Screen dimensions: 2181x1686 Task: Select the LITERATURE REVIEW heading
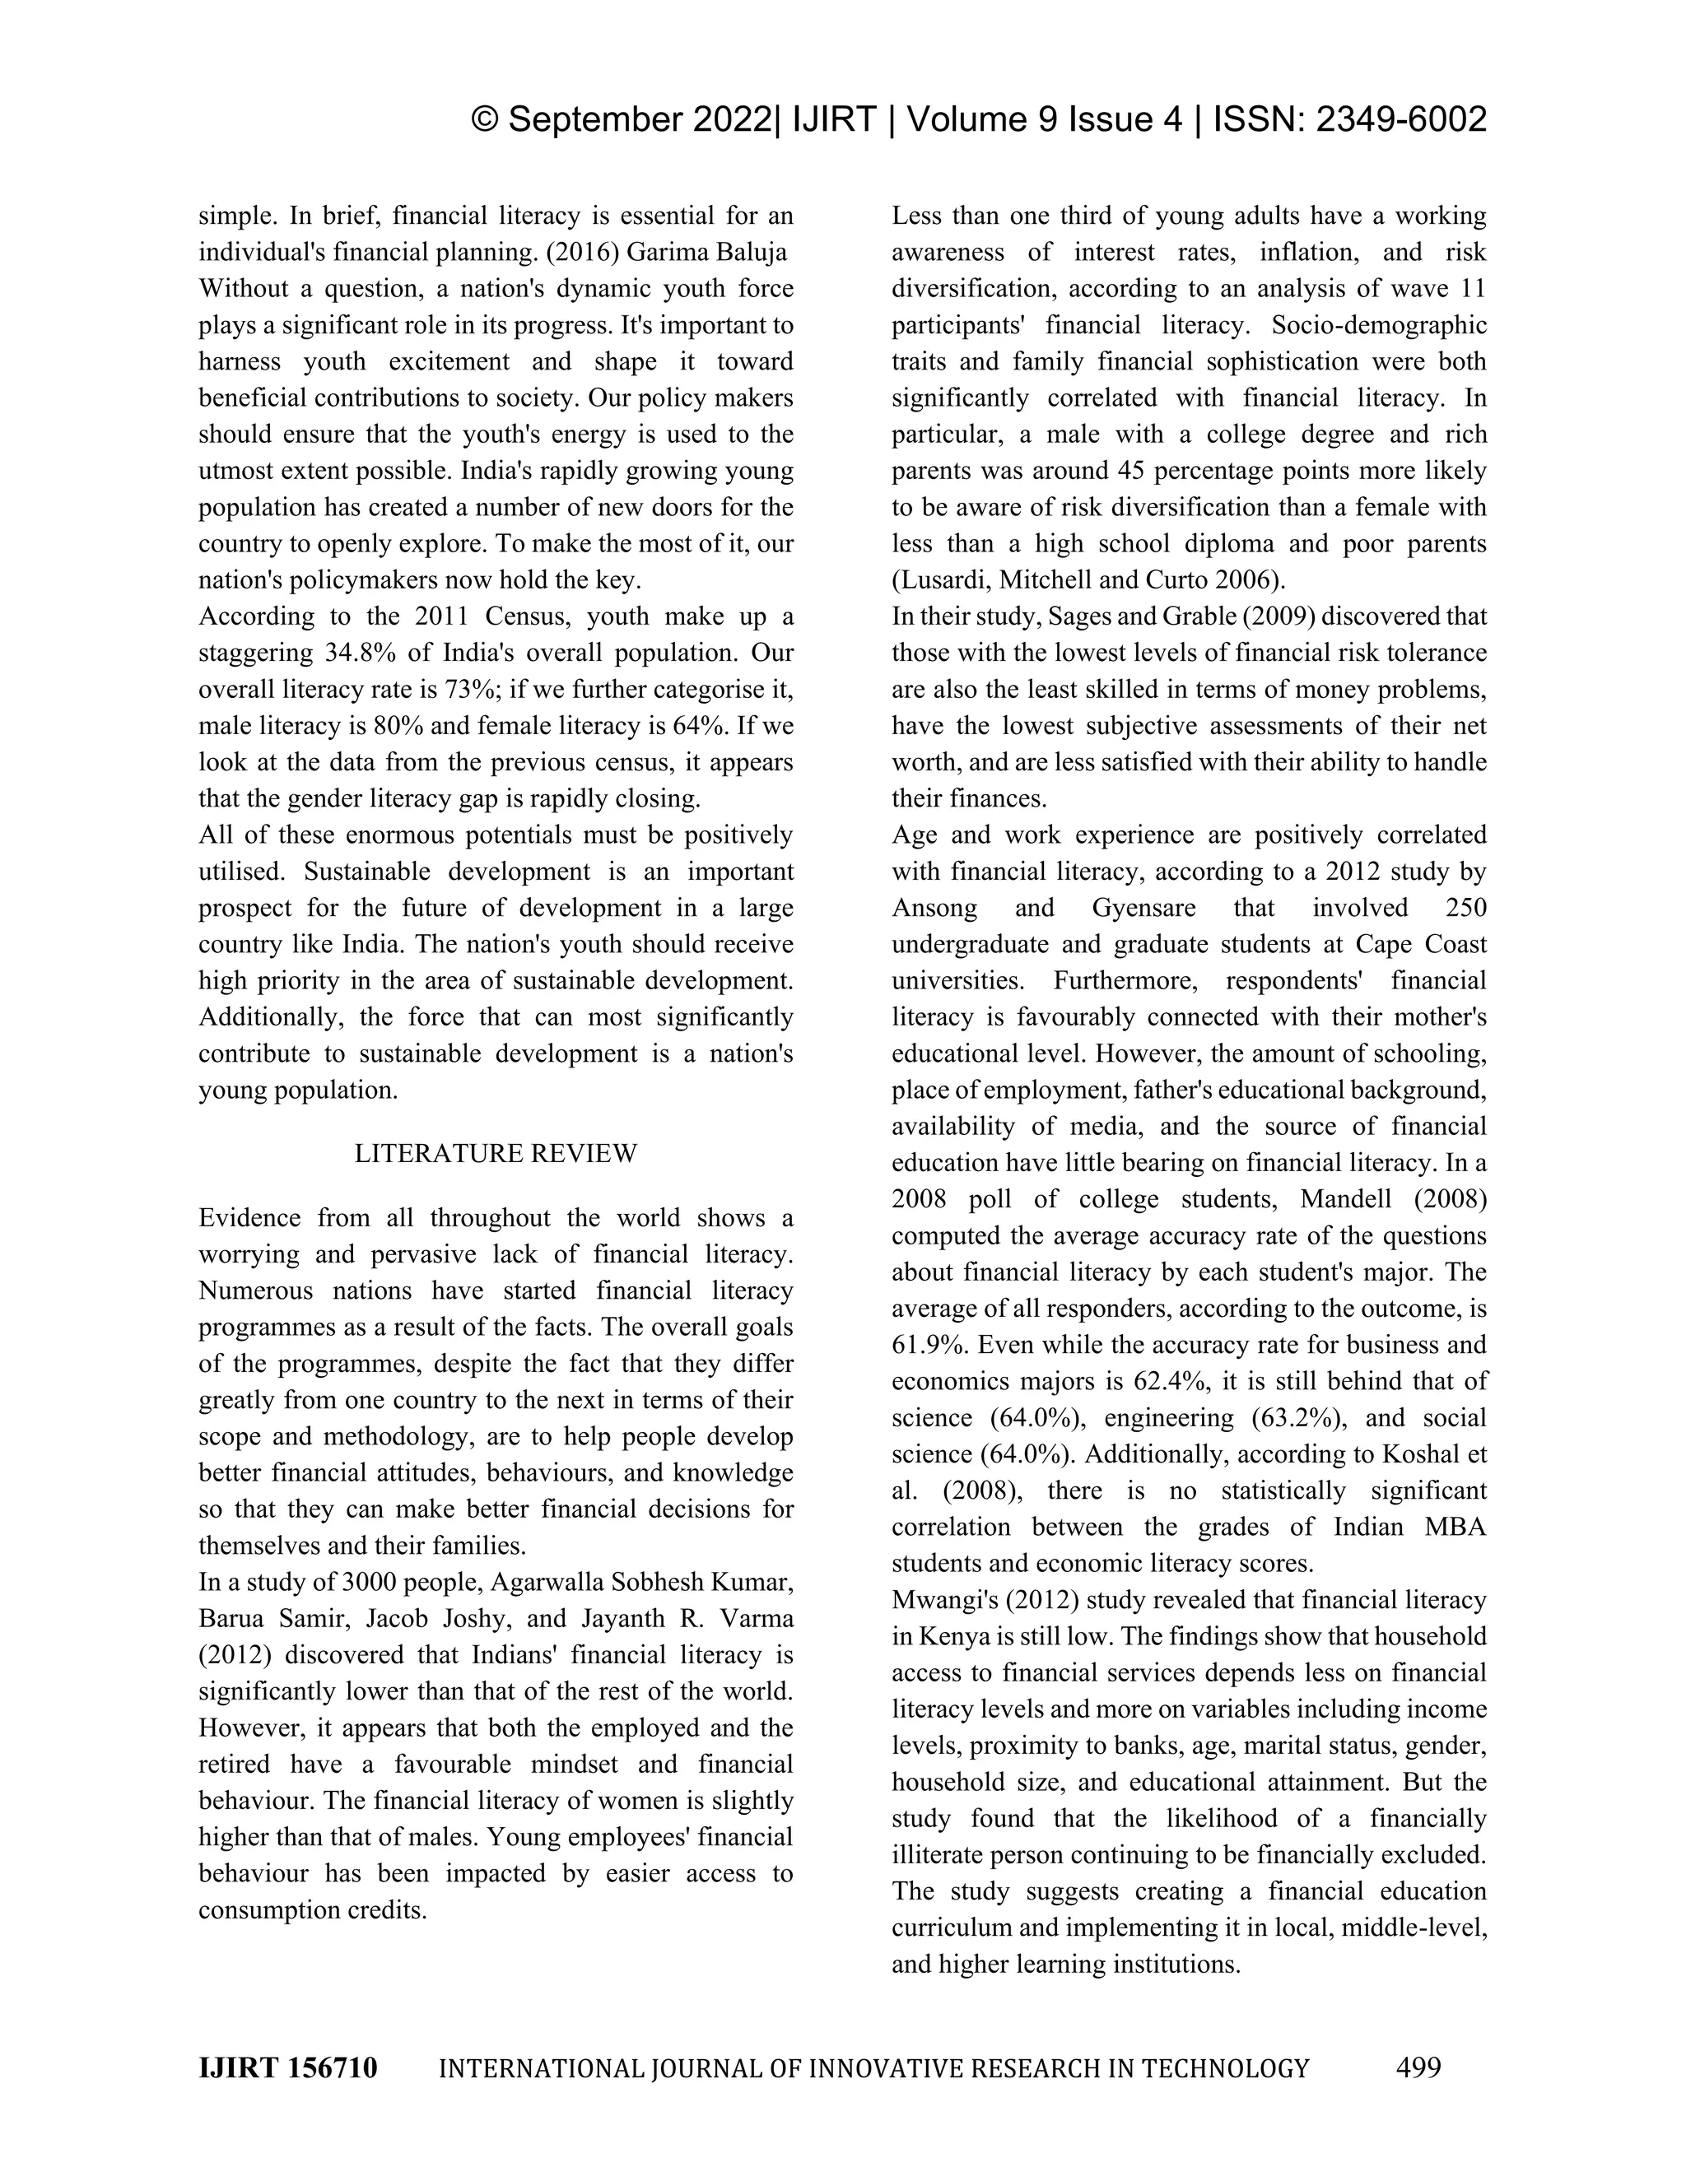pyautogui.click(x=496, y=1153)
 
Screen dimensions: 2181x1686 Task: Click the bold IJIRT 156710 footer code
pyautogui.click(x=287, y=2068)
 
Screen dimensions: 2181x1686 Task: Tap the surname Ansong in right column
pyautogui.click(x=932, y=908)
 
